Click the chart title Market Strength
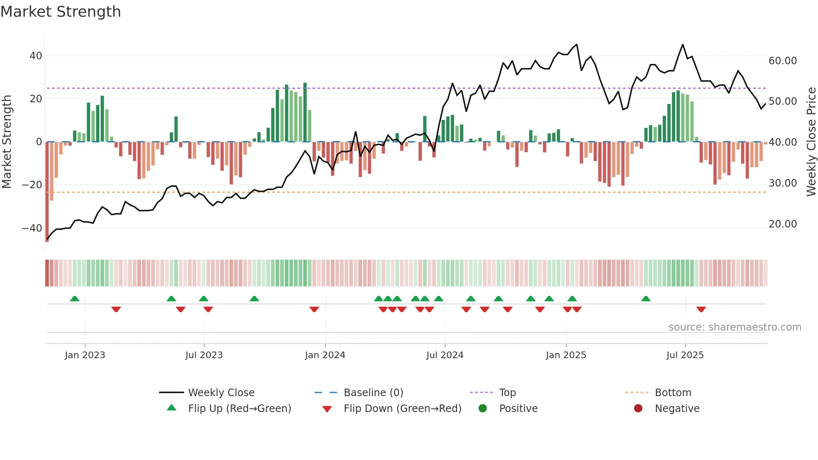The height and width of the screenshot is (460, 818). coord(61,12)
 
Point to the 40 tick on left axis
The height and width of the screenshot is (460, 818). coord(35,56)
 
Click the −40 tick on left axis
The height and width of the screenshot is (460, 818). coord(32,228)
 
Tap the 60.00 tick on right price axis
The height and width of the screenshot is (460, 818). coord(783,61)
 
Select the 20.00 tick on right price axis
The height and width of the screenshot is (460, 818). coord(783,224)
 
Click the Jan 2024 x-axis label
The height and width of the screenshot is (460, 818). coord(325,355)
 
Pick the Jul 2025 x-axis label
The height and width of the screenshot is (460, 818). coord(685,355)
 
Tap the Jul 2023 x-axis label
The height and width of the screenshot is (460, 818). coord(204,355)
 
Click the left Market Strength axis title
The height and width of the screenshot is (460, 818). coord(7,142)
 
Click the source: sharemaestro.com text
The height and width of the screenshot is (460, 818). coord(735,327)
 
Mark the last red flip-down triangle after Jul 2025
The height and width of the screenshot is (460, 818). coord(701,309)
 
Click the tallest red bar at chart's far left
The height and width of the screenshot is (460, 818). coord(47,192)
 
